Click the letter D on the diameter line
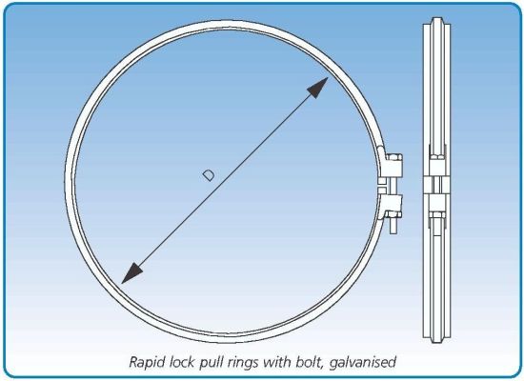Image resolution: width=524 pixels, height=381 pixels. click(x=209, y=175)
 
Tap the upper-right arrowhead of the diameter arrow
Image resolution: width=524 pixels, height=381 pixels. click(x=319, y=87)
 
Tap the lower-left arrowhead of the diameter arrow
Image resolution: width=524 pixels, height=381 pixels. click(x=131, y=273)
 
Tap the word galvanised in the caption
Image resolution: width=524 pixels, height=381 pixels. click(x=363, y=363)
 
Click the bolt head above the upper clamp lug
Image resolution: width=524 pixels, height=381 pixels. click(x=394, y=157)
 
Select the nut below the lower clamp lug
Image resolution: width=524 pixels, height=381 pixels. click(x=393, y=214)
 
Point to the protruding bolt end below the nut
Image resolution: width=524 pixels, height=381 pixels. click(x=393, y=226)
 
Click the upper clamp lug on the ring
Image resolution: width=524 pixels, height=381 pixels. click(x=393, y=169)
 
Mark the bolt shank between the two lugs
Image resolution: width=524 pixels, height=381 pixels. click(x=393, y=186)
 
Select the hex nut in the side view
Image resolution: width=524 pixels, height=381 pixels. click(x=436, y=214)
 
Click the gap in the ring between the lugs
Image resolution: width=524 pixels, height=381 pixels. click(x=382, y=186)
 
